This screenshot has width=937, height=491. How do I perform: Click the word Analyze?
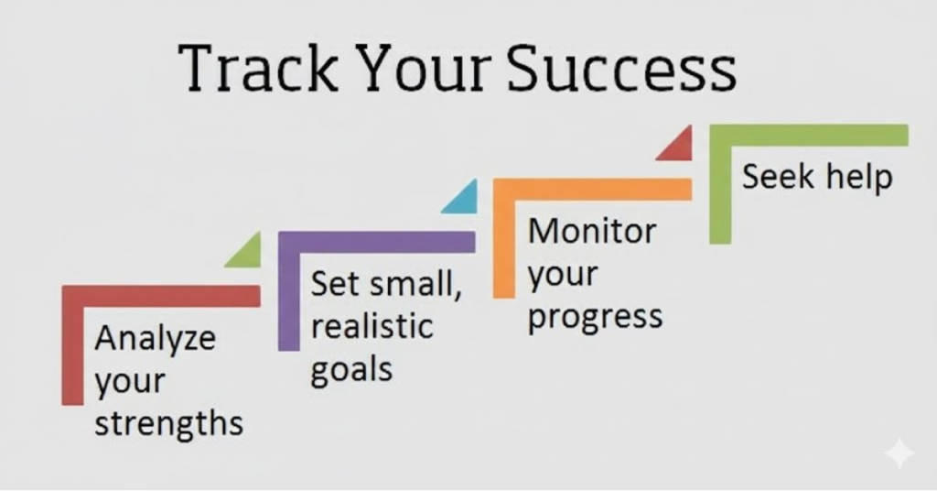point(156,339)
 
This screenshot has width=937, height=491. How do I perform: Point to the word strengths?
point(169,423)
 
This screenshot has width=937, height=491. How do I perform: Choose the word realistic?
point(372,327)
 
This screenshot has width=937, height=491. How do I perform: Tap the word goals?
point(351,370)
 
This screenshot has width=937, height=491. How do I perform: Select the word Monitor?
point(592,231)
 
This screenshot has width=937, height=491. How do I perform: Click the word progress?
point(596,317)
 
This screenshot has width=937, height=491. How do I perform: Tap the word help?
point(855,177)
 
